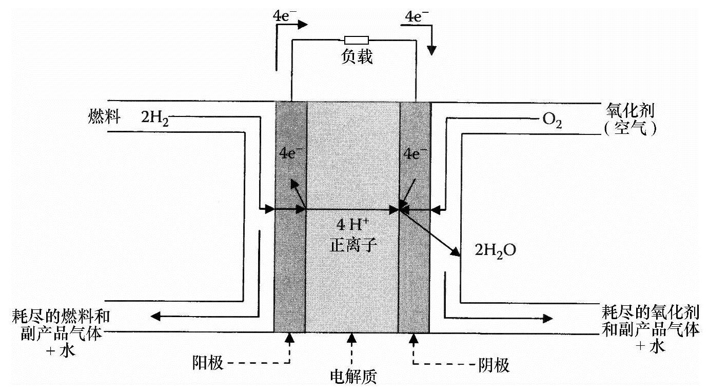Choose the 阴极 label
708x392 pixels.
(x=494, y=365)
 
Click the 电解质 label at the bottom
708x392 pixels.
(x=354, y=377)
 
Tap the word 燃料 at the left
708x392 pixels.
(x=104, y=118)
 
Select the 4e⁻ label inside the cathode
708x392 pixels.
(x=415, y=152)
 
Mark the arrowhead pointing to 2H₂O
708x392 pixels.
(x=454, y=251)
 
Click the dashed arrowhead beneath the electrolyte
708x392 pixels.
(x=352, y=338)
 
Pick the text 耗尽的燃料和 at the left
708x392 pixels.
(x=61, y=315)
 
